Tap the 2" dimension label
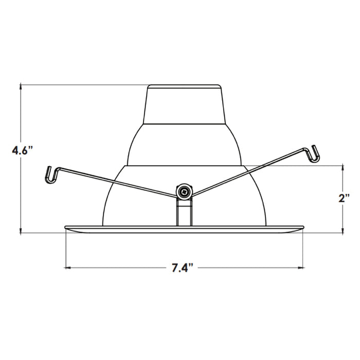click(344, 199)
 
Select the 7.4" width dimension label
click(182, 267)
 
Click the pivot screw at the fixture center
click(184, 192)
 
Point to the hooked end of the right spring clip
click(314, 153)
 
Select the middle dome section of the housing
click(185, 144)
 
